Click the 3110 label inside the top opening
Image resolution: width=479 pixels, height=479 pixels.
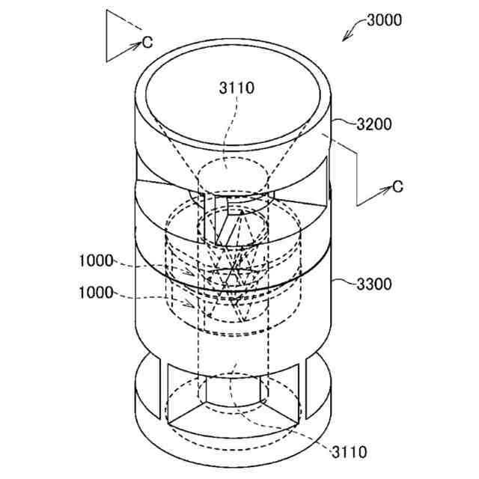236,88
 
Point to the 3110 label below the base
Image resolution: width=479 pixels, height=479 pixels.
348,452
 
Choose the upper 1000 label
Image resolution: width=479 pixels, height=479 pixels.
96,260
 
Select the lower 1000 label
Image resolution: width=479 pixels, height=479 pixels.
96,293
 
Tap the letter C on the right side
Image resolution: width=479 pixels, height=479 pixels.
398,186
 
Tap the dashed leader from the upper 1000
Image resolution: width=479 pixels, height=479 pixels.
150,267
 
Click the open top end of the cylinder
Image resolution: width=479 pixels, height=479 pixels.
236,105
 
